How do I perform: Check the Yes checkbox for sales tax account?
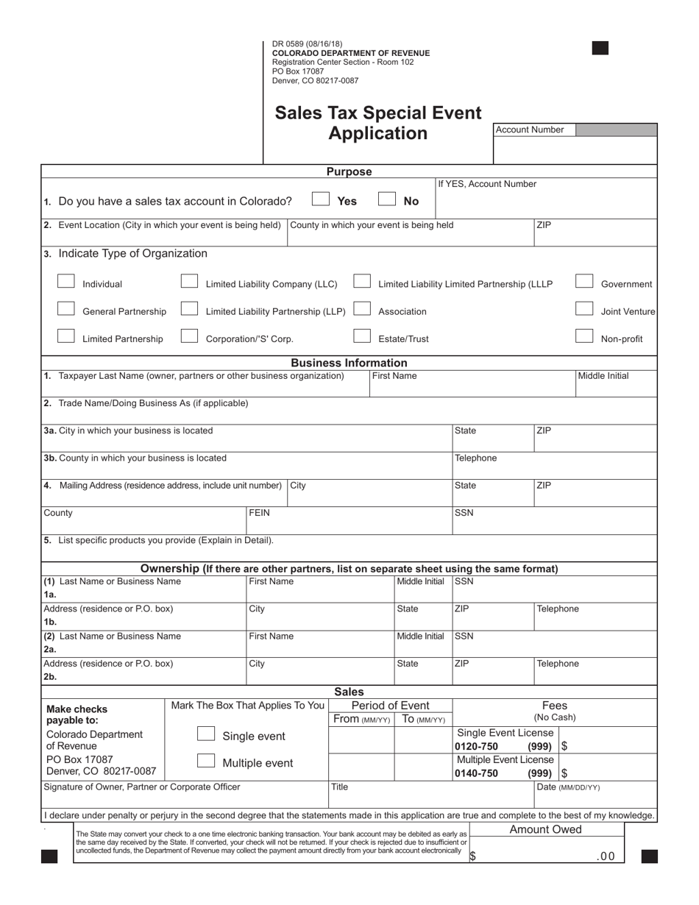[321, 199]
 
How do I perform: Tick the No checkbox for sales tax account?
[387, 199]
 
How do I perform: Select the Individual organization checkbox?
[66, 282]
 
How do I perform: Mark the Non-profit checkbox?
[584, 337]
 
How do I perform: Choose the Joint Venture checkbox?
[584, 310]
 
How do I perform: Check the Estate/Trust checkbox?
[362, 337]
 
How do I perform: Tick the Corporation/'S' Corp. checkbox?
[189, 337]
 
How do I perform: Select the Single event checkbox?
[206, 735]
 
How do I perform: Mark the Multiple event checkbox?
[206, 762]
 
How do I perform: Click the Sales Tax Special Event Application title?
[378, 123]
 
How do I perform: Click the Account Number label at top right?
[530, 130]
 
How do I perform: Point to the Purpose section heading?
[349, 171]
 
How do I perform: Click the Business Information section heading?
[349, 363]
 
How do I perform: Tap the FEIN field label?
[260, 513]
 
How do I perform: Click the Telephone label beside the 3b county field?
[475, 458]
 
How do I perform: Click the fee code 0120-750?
[476, 747]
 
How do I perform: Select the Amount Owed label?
[545, 829]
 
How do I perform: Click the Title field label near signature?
[339, 787]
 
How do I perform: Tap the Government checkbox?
[584, 282]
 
